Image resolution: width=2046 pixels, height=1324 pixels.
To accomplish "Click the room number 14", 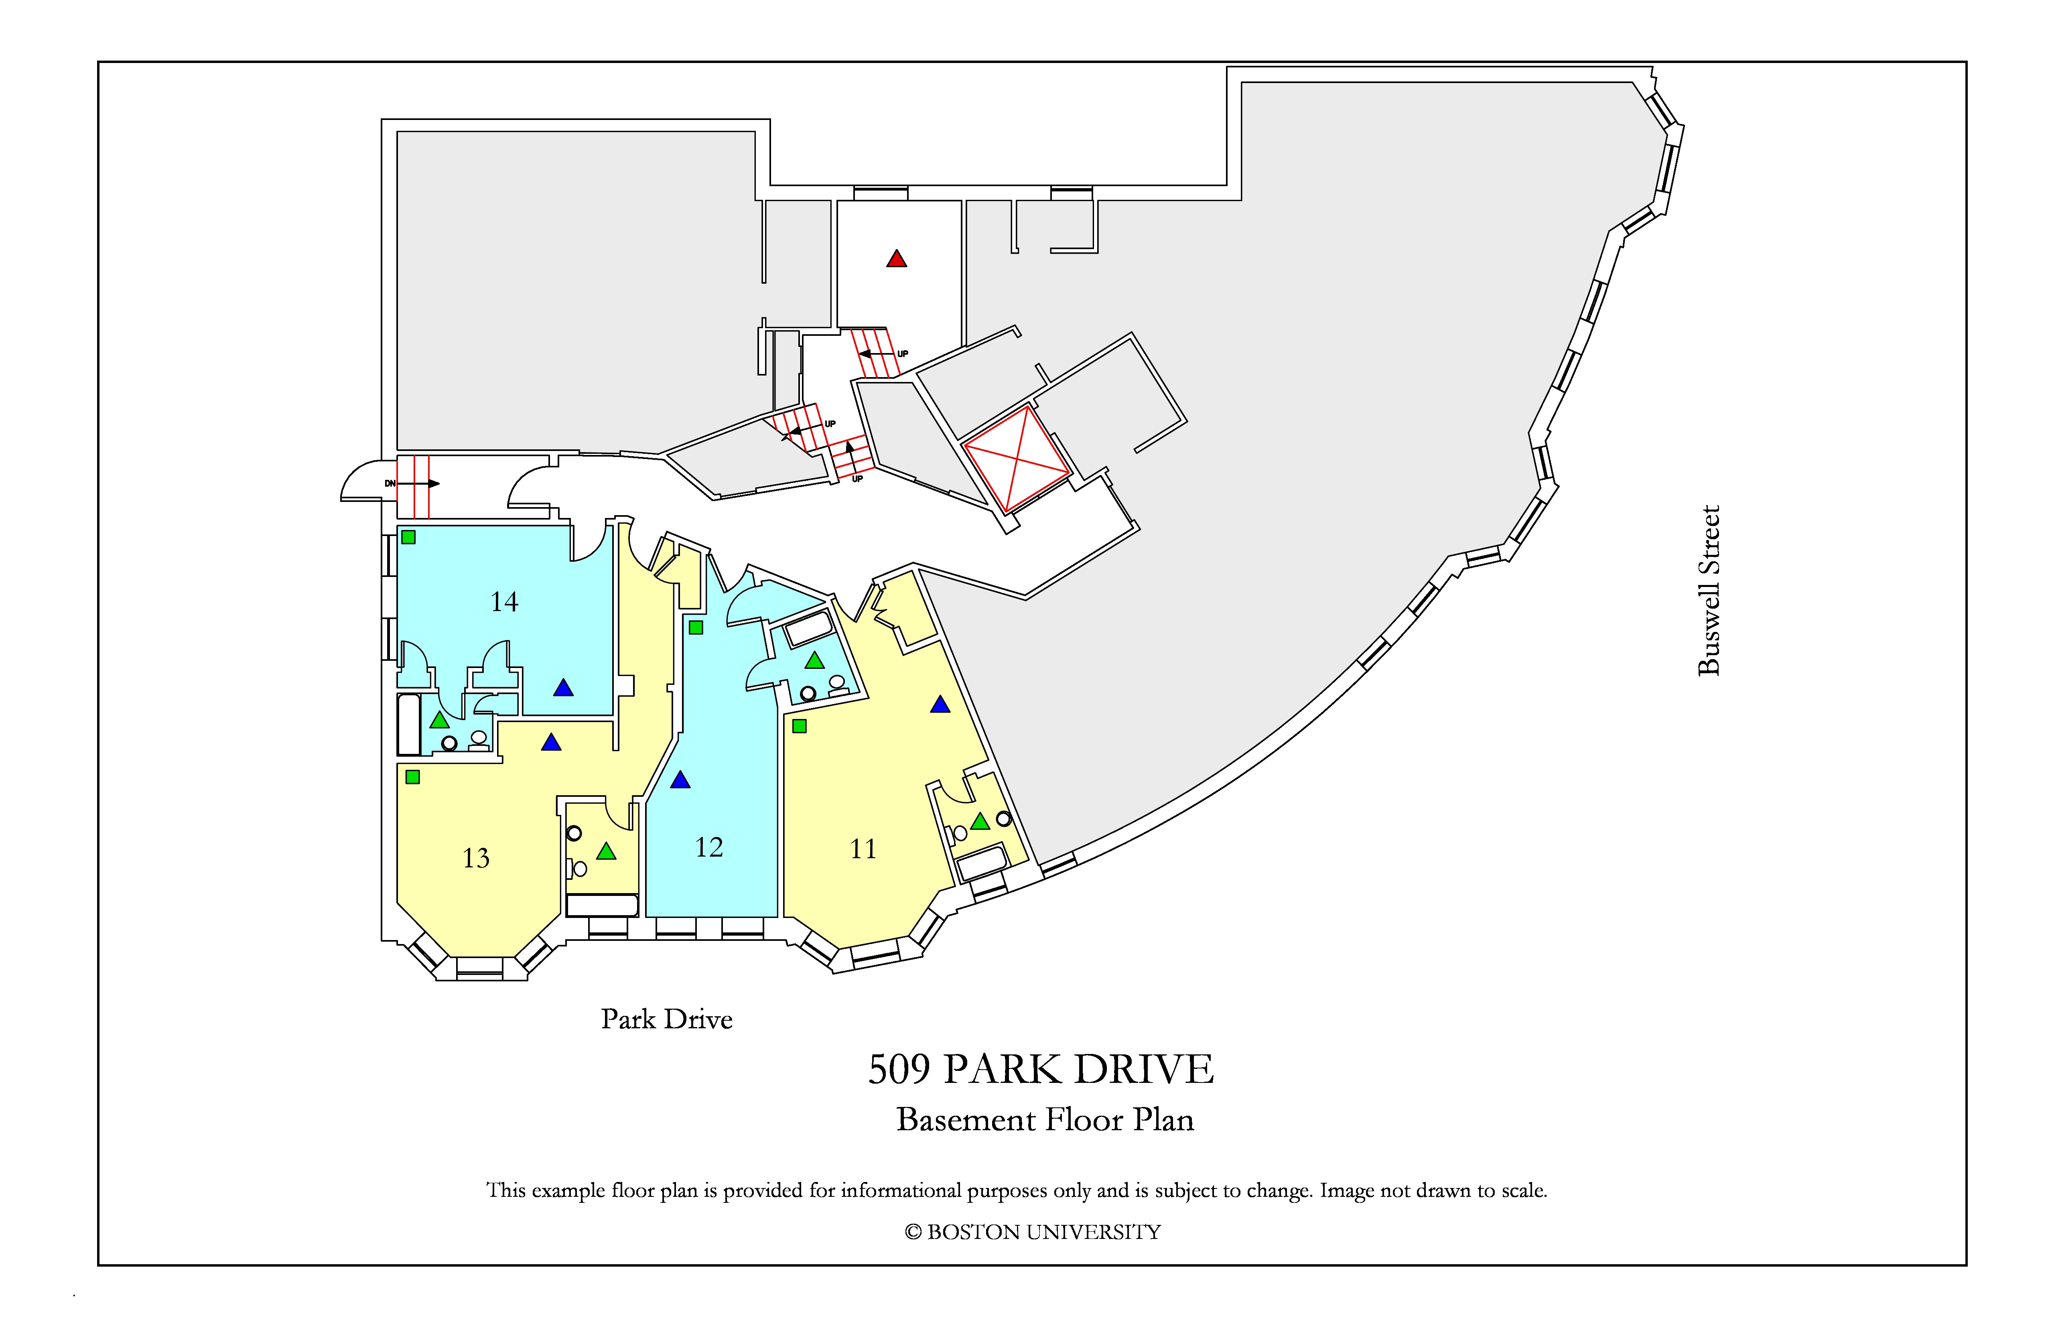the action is (x=505, y=602).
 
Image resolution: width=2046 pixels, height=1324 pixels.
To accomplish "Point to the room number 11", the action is (x=863, y=849).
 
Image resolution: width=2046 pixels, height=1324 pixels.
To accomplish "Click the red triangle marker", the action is (x=897, y=259).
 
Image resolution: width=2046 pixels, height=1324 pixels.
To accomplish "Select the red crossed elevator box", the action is (x=1017, y=459).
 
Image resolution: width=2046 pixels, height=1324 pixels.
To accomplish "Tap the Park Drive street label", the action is (x=667, y=1019).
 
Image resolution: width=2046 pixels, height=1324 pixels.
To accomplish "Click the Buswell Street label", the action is (x=1709, y=591).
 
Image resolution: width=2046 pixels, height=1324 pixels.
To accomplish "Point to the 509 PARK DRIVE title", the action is (x=1041, y=1070).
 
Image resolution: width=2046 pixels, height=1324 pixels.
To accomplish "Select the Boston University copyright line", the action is (x=1033, y=1232).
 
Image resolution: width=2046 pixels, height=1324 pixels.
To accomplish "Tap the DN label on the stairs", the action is (x=390, y=483).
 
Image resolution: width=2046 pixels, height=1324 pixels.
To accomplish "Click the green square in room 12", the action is (x=696, y=627).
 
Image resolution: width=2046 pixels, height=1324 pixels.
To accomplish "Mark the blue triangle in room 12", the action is (x=680, y=780).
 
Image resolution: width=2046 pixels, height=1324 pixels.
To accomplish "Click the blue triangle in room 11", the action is (x=940, y=704).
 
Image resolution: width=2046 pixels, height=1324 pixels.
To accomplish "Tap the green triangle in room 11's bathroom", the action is (x=980, y=821).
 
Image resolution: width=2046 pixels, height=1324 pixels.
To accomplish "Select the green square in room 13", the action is (x=413, y=777).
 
